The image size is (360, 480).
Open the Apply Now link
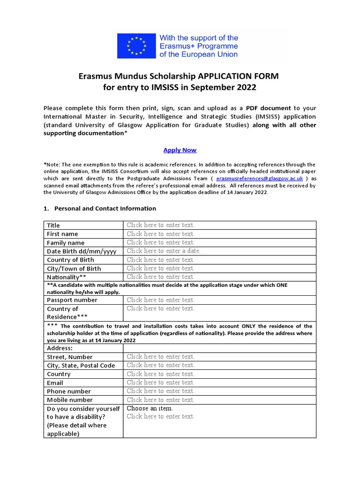(x=180, y=150)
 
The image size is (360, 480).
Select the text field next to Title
(x=160, y=225)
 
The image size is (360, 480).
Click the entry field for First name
(x=160, y=233)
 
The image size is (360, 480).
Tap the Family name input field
(x=160, y=242)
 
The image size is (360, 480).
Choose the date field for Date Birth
(x=163, y=251)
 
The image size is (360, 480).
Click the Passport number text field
(x=160, y=300)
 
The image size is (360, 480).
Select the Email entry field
(x=160, y=382)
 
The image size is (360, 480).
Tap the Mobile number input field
(x=160, y=400)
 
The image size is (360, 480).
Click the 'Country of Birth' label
(x=70, y=260)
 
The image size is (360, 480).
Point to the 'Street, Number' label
(x=70, y=357)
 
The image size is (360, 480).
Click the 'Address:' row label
(x=60, y=348)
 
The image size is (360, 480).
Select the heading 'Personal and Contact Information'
(x=105, y=208)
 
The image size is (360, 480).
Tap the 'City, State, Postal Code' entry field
(x=160, y=365)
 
